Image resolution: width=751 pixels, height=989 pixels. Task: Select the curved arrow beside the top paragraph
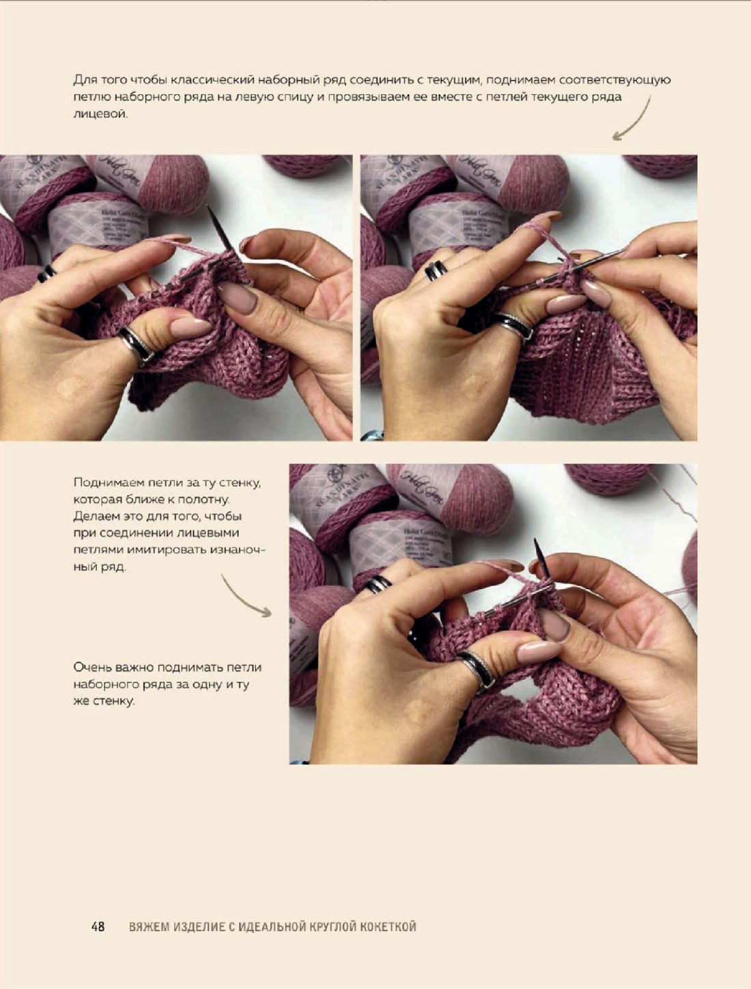pyautogui.click(x=632, y=119)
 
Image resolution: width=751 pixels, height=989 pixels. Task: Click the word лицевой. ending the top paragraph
pyautogui.click(x=100, y=114)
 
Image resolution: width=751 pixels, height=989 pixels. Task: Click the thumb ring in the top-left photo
pyautogui.click(x=136, y=344)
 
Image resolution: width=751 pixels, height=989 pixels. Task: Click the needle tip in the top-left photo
pyautogui.click(x=209, y=207)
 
